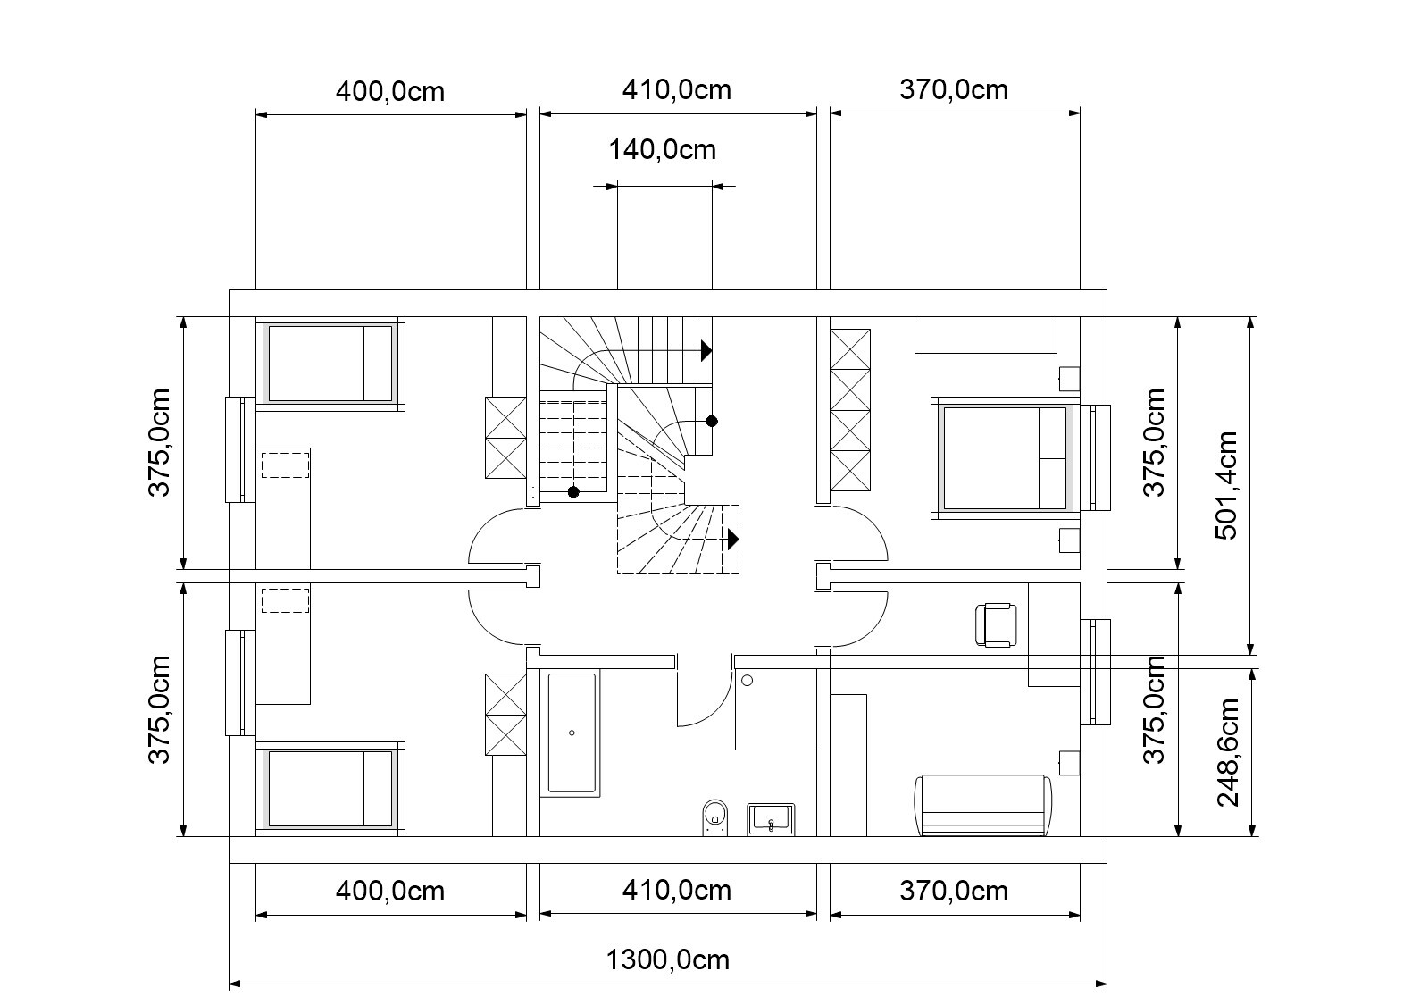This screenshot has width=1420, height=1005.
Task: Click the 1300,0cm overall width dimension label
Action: (x=667, y=960)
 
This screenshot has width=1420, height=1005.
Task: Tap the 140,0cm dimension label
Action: (x=663, y=150)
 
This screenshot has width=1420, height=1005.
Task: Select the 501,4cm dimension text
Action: (x=1226, y=486)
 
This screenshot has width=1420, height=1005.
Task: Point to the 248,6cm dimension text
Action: (x=1228, y=753)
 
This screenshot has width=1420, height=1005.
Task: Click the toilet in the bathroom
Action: (x=715, y=817)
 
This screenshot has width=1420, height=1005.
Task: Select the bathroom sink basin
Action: (x=771, y=820)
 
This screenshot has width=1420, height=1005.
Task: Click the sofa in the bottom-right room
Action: (x=982, y=805)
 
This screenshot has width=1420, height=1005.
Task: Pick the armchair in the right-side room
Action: (x=996, y=625)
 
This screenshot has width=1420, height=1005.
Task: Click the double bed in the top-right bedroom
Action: (x=1006, y=458)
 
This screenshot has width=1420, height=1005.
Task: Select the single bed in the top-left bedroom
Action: (x=330, y=364)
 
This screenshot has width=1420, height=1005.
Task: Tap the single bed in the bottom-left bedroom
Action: (x=330, y=789)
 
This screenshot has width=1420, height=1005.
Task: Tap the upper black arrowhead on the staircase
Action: (x=706, y=351)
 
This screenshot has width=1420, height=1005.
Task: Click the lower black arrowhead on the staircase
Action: (x=733, y=540)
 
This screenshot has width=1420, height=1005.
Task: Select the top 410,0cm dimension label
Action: (x=676, y=90)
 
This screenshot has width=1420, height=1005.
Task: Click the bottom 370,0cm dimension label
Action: (x=954, y=892)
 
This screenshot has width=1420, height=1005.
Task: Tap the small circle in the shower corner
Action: (x=747, y=681)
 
